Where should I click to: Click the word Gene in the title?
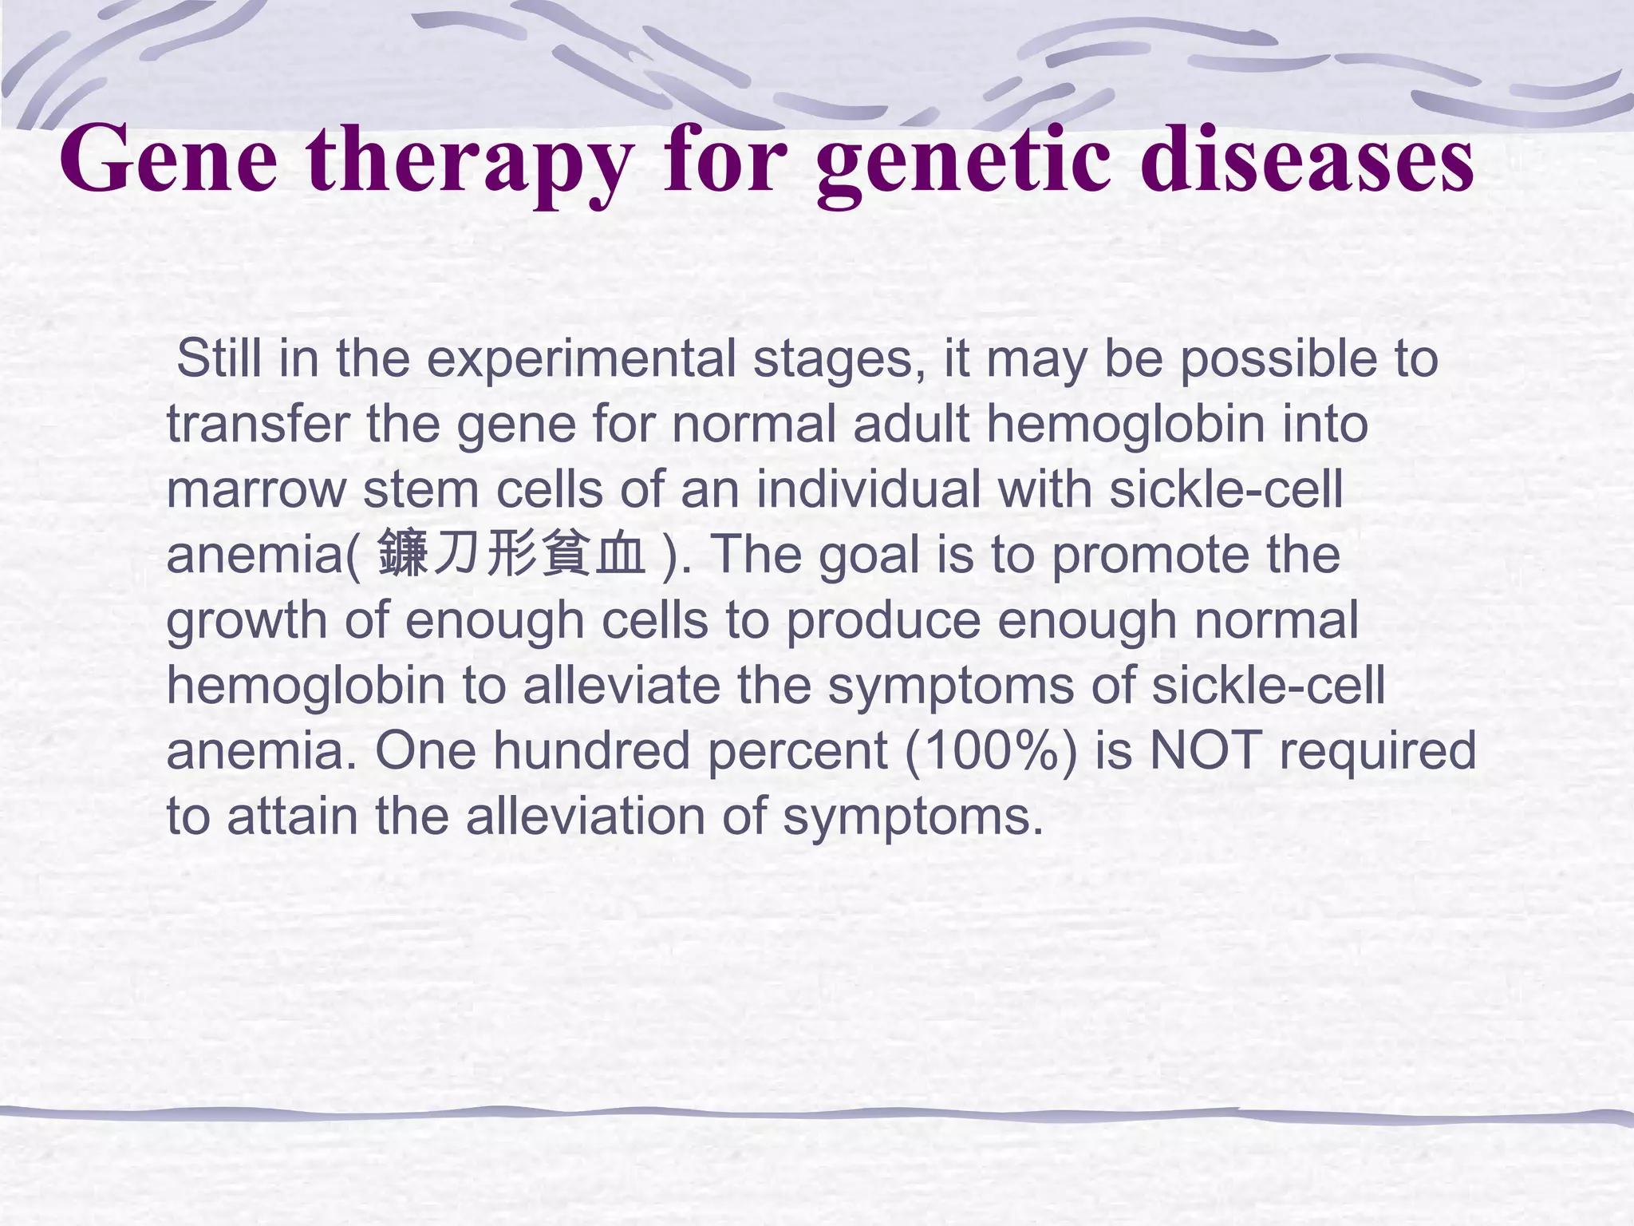pos(169,160)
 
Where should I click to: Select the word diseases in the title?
pos(1306,160)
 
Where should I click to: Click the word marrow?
pos(256,489)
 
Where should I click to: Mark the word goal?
pos(869,555)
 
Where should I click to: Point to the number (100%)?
pos(991,751)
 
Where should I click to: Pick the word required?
pos(1378,751)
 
